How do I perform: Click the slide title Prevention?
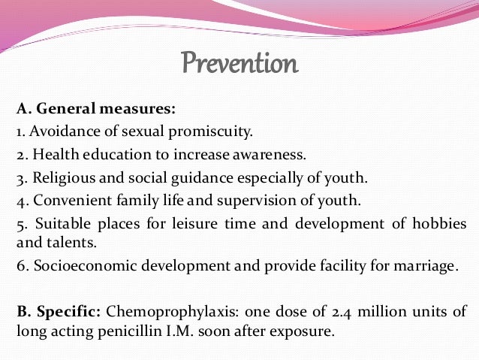(x=239, y=64)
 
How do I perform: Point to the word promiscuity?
(x=218, y=132)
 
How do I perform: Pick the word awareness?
(x=272, y=156)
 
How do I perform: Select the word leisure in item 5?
(x=186, y=225)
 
